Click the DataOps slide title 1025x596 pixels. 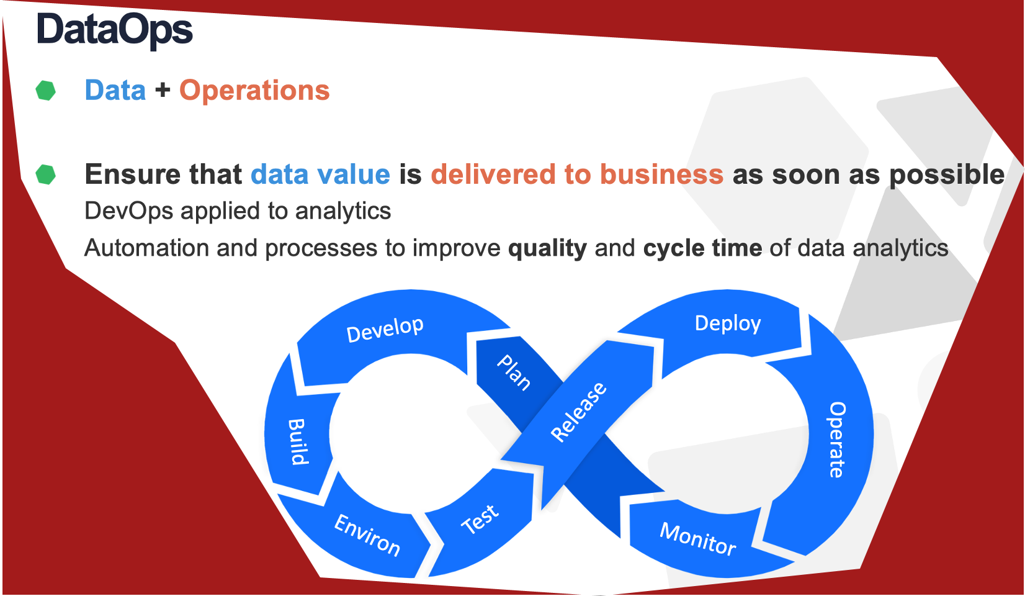pos(114,30)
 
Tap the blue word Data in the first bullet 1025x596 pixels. pos(115,90)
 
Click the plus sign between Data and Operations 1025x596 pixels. pos(163,90)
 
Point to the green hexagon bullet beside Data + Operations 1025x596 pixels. pos(45,90)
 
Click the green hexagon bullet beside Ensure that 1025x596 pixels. pos(45,174)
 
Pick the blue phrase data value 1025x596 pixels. pos(320,174)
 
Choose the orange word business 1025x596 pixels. pos(661,174)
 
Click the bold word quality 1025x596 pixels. pos(547,248)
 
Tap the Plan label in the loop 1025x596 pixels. pos(514,372)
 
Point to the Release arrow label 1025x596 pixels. pos(578,412)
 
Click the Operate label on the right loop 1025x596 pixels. pos(838,440)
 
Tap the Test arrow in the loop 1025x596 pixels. pos(480,520)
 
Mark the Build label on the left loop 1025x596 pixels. pos(298,442)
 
